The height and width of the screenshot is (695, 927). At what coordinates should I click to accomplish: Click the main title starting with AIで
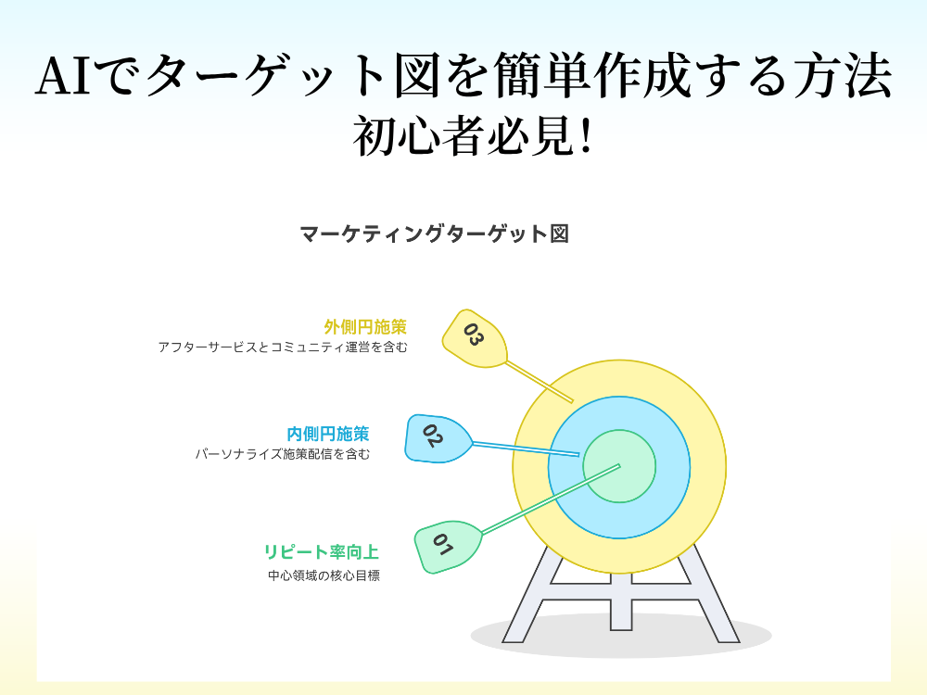pos(463,76)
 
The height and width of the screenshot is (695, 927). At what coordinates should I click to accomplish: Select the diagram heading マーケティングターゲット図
pos(434,234)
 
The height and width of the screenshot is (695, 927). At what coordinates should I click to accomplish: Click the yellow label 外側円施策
pos(365,327)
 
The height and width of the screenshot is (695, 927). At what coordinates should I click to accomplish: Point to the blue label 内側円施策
pos(328,434)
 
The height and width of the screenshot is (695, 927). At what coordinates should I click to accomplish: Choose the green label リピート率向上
pos(322,552)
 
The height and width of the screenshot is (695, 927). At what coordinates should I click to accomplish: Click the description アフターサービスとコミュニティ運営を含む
pos(283,347)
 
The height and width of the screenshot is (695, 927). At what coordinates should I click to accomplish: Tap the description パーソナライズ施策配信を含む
pos(283,454)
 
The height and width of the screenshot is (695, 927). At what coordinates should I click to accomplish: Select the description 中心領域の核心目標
pos(324,575)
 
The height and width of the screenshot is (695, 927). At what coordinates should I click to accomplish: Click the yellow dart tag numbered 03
pos(474,336)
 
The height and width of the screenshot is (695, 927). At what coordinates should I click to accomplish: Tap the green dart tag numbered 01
pos(446,547)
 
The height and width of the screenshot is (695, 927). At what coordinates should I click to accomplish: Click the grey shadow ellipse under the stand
pos(621,639)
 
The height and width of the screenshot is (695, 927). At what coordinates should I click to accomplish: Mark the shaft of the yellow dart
pos(540,382)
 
